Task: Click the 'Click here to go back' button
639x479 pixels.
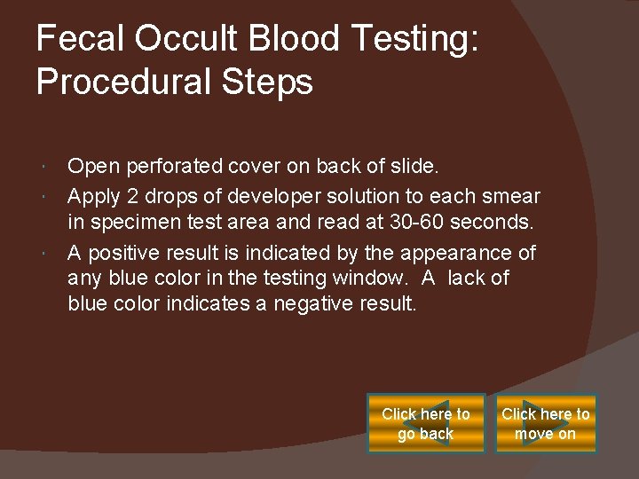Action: click(x=426, y=424)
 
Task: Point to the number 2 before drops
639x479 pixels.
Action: click(x=129, y=195)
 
